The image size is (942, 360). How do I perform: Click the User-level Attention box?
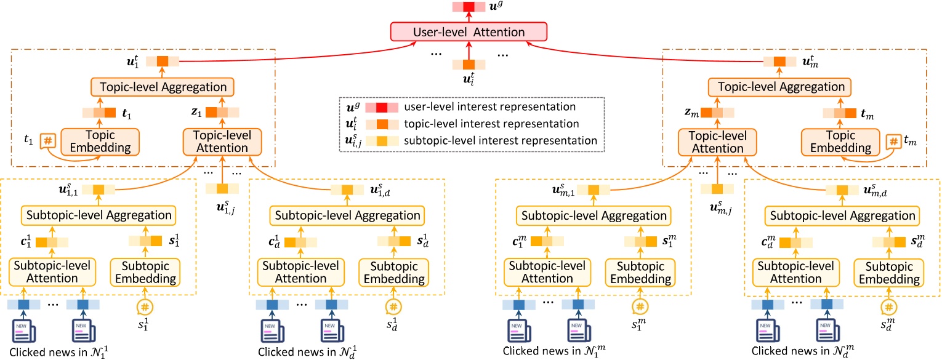tap(468, 31)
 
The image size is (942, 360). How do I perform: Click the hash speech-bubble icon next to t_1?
tap(47, 141)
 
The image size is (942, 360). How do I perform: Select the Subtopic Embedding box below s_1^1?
tap(145, 271)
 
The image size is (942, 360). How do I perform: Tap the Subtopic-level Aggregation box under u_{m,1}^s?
tap(592, 216)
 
